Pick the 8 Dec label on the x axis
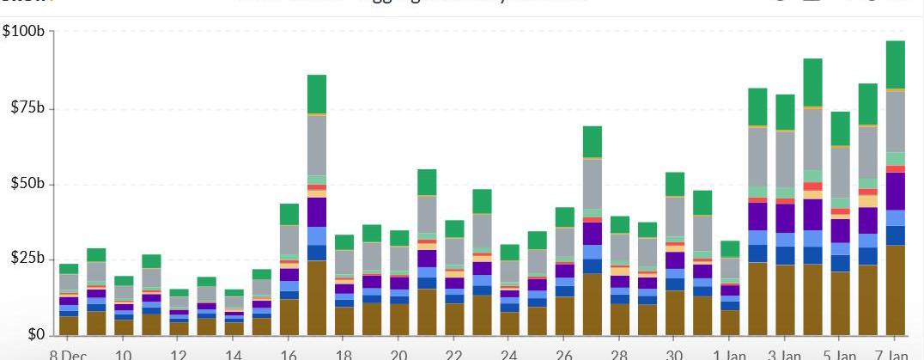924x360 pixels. (x=68, y=354)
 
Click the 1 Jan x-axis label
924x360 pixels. (x=730, y=354)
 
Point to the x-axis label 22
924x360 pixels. (x=454, y=354)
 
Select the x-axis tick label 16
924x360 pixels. (x=289, y=354)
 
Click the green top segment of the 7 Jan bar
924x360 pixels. (x=895, y=64)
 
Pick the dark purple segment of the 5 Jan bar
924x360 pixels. (x=840, y=230)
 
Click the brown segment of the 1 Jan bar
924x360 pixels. (x=730, y=322)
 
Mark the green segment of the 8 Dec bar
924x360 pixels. (x=69, y=269)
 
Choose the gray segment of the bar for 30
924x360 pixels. (x=675, y=217)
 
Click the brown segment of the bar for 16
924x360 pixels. (x=289, y=317)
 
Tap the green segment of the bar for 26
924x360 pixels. (x=565, y=217)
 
